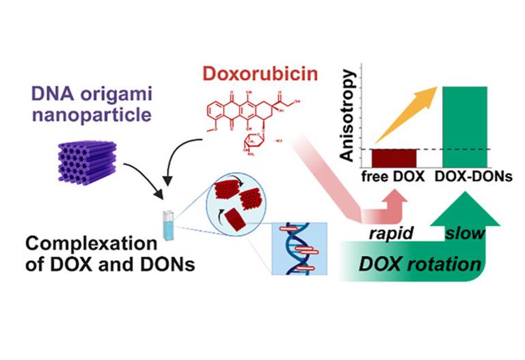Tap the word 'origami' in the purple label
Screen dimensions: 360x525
tap(111, 108)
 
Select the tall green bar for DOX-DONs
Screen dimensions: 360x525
tap(465, 126)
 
